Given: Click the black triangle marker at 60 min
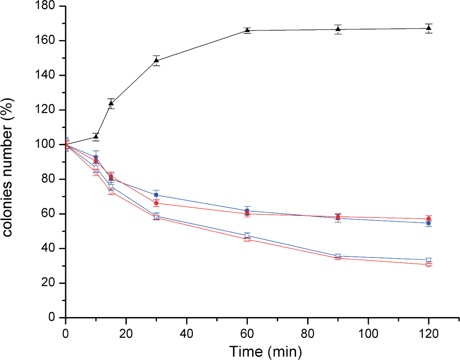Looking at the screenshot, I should click(x=247, y=30).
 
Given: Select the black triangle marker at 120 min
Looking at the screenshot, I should click(x=429, y=28).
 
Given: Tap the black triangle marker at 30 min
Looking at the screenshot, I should click(x=156, y=60).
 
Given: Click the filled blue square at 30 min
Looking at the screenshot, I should click(x=156, y=195).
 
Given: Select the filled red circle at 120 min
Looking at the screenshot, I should click(x=429, y=219).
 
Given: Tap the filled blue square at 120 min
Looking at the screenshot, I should click(x=429, y=223).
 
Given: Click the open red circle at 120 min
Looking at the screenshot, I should click(x=429, y=264).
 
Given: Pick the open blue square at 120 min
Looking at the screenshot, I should click(x=429, y=260).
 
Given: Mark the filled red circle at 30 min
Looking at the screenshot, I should click(x=156, y=203).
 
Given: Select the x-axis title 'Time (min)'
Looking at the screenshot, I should click(x=265, y=351).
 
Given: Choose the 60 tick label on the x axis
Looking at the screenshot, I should click(x=247, y=333).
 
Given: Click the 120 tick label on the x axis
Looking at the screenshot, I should click(x=429, y=333).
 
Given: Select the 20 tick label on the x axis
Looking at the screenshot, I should click(x=126, y=333).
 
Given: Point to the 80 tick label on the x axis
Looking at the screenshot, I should click(x=308, y=333).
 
